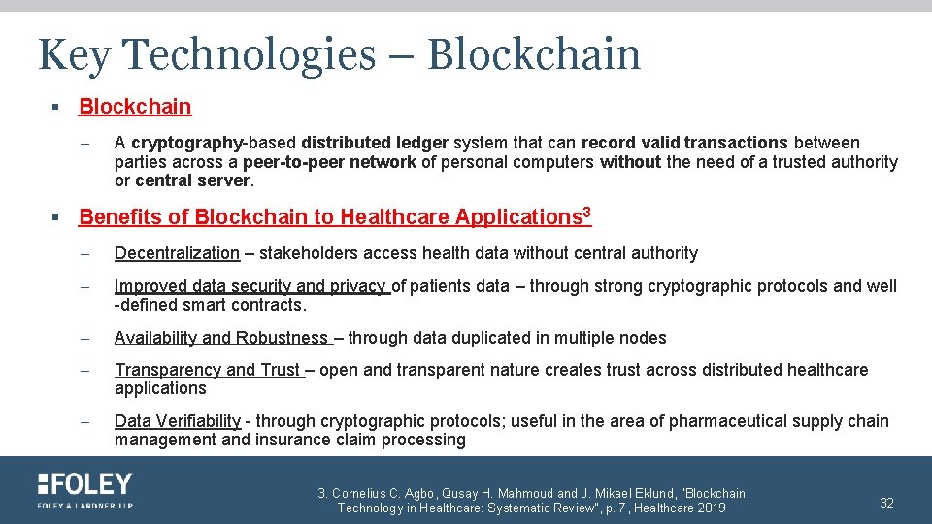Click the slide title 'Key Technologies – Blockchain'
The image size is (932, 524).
339,54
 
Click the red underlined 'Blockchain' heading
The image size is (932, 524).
135,107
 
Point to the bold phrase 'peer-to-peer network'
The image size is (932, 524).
329,162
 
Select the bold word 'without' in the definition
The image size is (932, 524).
630,162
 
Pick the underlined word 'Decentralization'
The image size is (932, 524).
177,253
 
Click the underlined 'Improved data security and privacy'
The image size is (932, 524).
250,286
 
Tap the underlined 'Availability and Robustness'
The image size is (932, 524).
222,338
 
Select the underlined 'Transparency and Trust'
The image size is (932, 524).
209,370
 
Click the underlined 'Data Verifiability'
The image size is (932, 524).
177,421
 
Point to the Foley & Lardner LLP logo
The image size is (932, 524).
85,490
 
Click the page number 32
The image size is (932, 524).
886,502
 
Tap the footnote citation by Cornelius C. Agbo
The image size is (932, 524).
531,501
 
